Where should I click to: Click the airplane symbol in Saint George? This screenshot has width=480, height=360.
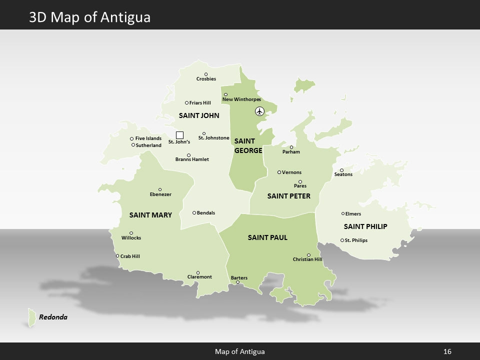259,111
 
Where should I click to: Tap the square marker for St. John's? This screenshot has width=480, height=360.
180,135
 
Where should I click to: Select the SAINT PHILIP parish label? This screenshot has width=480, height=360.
365,226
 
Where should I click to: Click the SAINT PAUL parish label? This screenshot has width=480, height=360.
267,237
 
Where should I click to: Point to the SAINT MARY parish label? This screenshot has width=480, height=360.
150,215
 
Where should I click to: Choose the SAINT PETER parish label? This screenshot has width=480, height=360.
288,196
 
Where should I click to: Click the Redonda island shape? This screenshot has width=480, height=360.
31,317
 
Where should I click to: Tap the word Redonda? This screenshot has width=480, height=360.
53,317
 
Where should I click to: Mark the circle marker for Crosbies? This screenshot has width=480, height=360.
206,74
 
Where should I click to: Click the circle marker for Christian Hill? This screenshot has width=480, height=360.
308,255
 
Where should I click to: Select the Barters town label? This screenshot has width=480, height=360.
239,277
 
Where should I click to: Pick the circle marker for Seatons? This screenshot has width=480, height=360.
342,170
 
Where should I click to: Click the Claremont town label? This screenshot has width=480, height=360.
199,277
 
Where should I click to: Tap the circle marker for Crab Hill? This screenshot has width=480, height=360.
117,256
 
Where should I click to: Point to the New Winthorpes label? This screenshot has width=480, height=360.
241,99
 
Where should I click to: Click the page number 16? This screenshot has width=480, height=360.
447,351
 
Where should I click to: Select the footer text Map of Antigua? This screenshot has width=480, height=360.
239,351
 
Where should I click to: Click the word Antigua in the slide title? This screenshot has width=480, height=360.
125,17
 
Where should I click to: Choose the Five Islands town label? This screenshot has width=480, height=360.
148,138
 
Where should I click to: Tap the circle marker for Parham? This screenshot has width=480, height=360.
291,147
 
